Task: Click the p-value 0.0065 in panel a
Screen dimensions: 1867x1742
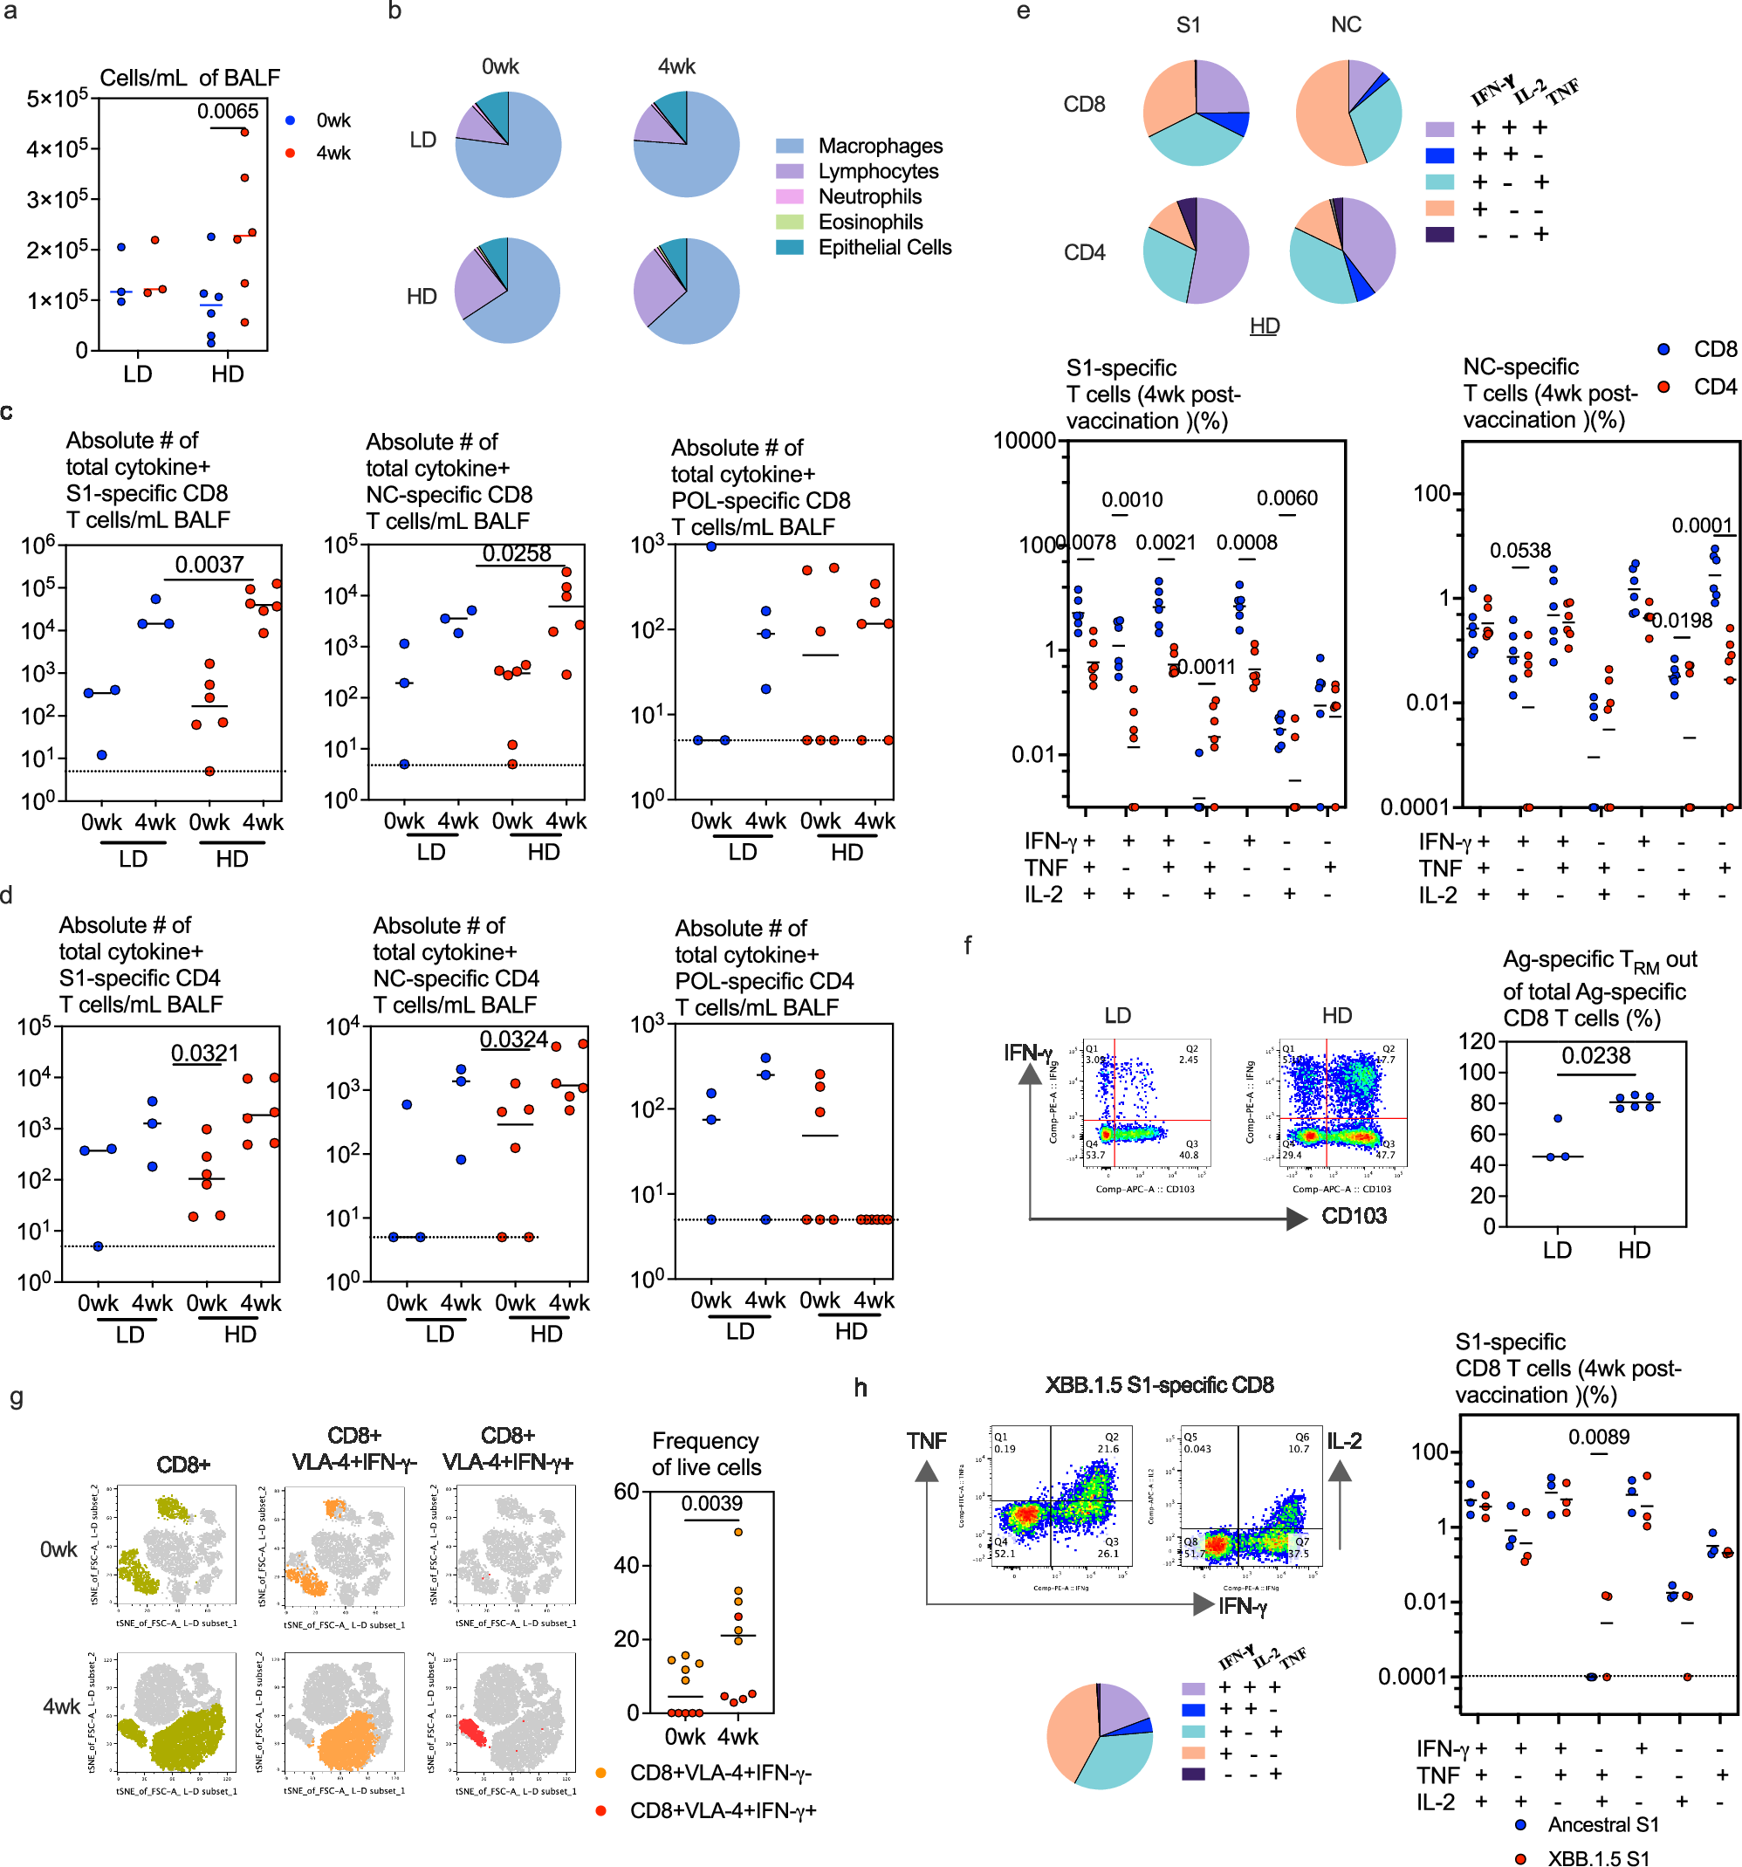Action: (227, 112)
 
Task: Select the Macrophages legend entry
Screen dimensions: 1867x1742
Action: (879, 146)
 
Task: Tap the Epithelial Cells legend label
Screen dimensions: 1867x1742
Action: (884, 247)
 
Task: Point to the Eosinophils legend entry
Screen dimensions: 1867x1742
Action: (869, 222)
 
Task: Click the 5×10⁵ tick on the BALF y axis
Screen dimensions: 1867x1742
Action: (58, 98)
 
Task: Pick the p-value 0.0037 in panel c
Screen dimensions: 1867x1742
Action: (209, 565)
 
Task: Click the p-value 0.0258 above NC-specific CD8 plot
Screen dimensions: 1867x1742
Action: (517, 553)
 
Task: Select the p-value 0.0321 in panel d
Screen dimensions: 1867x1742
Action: (205, 1053)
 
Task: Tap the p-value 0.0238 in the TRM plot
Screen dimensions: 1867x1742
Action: (1595, 1055)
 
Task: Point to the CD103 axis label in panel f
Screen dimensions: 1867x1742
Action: (1354, 1215)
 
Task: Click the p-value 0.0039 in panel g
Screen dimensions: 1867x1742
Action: (712, 1504)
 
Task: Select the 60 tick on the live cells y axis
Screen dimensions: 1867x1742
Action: (627, 1492)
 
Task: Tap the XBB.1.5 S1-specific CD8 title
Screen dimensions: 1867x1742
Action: (1159, 1385)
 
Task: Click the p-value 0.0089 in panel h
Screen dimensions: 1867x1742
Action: (1598, 1437)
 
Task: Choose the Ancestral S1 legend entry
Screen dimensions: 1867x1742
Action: (1602, 1824)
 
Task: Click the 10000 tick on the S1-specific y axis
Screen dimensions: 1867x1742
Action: (1025, 441)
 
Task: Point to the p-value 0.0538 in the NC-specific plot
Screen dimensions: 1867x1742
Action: (1520, 551)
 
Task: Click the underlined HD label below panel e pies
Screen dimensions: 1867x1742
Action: (1264, 326)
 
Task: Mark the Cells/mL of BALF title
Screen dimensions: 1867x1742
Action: (189, 78)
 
